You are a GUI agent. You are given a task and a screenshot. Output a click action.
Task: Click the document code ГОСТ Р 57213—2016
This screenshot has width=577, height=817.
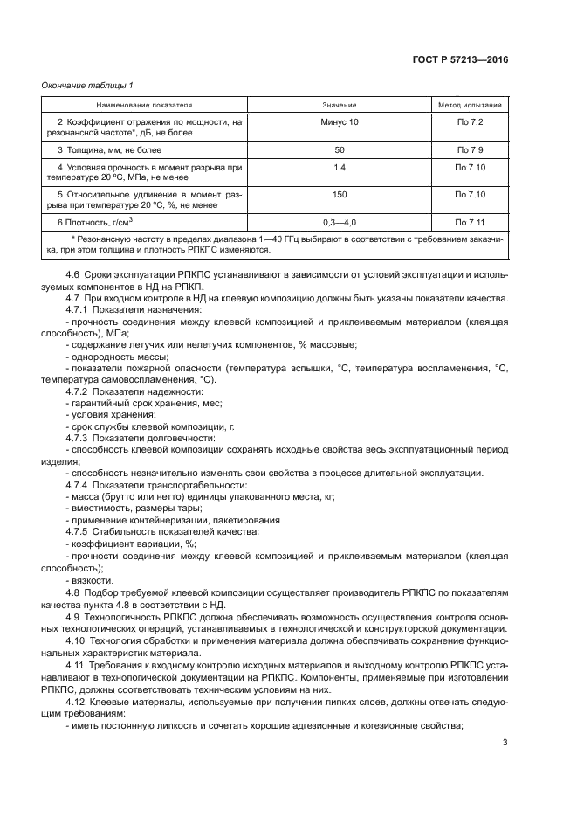(x=460, y=60)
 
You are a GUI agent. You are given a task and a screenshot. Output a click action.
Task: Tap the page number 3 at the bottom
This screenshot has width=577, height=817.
(x=505, y=744)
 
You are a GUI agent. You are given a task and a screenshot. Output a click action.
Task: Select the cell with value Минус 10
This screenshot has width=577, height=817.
(x=340, y=122)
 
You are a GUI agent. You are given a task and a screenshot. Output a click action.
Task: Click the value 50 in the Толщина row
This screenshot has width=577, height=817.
(x=340, y=150)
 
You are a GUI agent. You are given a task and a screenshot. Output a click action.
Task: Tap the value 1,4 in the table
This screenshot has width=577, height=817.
(x=340, y=166)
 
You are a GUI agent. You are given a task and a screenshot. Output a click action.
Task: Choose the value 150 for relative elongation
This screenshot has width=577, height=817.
(x=340, y=195)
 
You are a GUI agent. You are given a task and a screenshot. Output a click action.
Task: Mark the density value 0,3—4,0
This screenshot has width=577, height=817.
(x=340, y=222)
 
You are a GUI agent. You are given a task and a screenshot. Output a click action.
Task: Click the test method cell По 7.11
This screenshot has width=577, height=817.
(x=470, y=222)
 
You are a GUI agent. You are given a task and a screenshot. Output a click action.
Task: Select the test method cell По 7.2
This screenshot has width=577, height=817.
(x=470, y=122)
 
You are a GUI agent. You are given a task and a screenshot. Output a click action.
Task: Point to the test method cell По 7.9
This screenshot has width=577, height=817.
(x=470, y=150)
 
